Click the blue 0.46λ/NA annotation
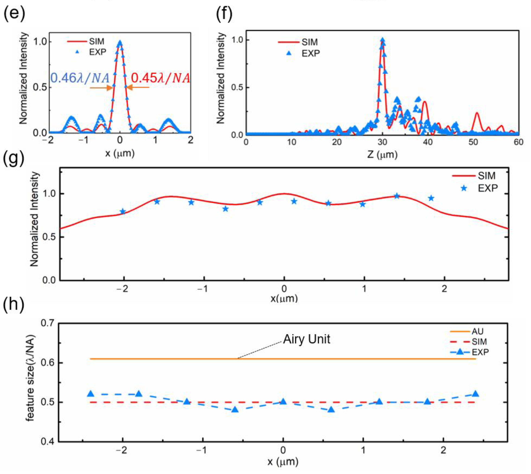tap(80, 78)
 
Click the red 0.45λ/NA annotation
tap(161, 78)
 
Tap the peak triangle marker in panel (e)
tap(120, 43)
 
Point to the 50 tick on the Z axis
tap(473, 142)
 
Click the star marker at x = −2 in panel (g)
tap(123, 211)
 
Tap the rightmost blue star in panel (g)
tap(431, 198)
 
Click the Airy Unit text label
tap(307, 339)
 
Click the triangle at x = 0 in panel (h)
tap(283, 402)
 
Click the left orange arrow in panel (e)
tap(102, 88)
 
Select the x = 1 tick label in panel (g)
tap(364, 288)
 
